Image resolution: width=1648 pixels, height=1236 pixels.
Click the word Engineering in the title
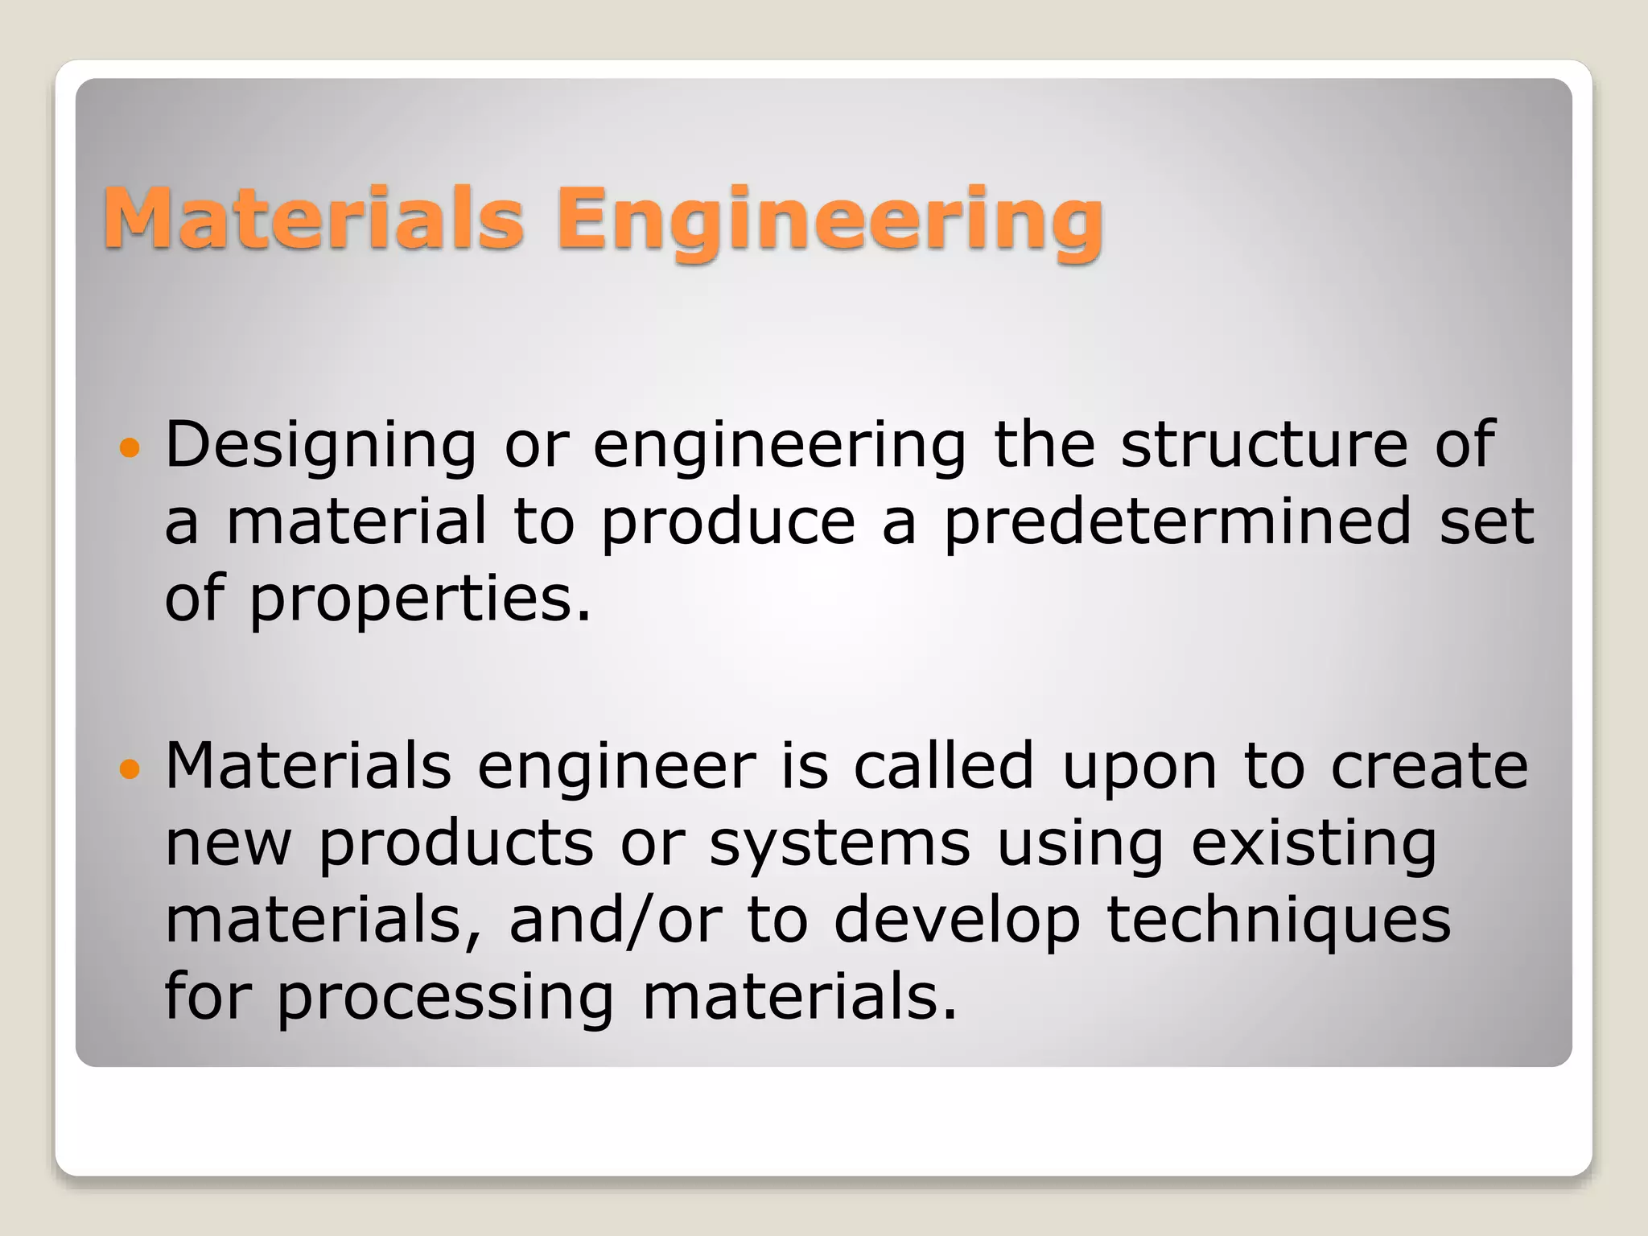pyautogui.click(x=829, y=219)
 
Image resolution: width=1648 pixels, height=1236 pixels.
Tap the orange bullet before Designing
pyautogui.click(x=129, y=447)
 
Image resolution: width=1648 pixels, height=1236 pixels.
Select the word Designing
pyautogui.click(x=320, y=447)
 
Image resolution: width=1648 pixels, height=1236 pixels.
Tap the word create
pyautogui.click(x=1429, y=766)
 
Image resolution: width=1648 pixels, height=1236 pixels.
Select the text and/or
pyautogui.click(x=616, y=921)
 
